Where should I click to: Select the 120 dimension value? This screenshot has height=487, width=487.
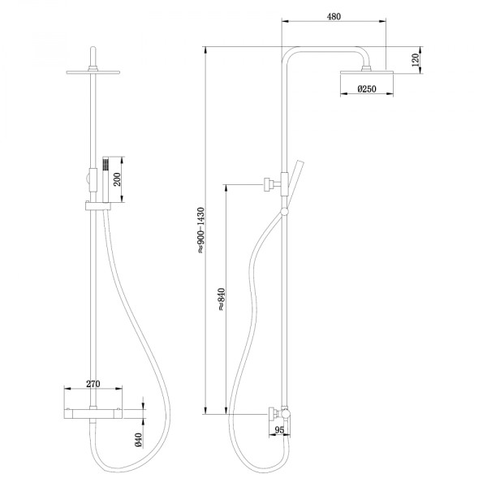(x=415, y=60)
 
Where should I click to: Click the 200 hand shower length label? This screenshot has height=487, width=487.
(x=118, y=179)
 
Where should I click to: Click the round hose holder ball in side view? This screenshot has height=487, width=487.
(x=283, y=213)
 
